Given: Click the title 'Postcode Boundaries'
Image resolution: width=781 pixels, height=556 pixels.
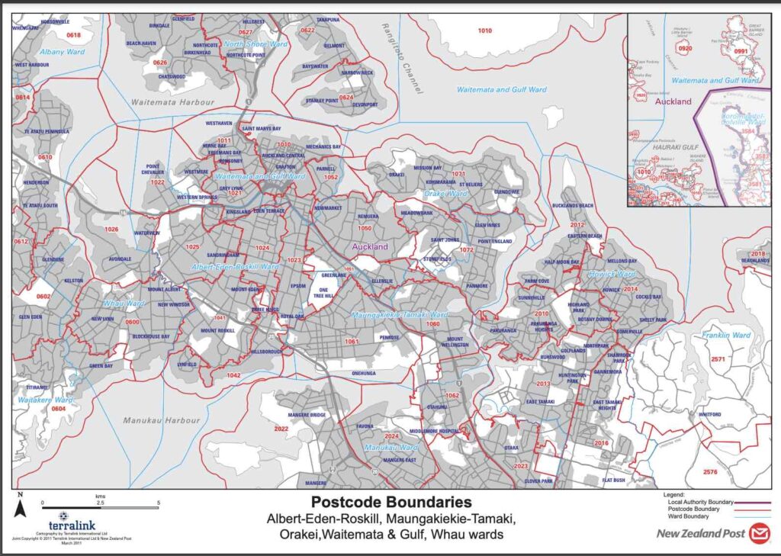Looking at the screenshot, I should (x=390, y=503).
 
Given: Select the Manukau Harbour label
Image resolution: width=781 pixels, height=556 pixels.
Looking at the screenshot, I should (x=161, y=420).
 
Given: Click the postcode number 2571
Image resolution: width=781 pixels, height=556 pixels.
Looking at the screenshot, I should (x=717, y=359).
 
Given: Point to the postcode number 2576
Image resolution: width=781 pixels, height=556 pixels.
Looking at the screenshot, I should (x=710, y=472).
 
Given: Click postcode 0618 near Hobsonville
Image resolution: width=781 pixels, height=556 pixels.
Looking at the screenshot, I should (x=74, y=36).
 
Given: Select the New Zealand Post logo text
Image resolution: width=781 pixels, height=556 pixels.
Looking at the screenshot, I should (x=700, y=533).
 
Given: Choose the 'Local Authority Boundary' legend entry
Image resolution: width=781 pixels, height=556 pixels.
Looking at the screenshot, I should (x=699, y=502).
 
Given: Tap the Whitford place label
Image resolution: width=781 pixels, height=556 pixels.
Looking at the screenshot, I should (x=709, y=415).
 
